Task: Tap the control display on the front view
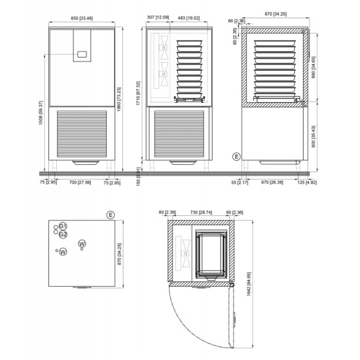(82, 55)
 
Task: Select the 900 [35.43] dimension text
(315, 137)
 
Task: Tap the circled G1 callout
(63, 226)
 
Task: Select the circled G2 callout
(63, 234)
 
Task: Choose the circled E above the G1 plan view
(111, 214)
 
